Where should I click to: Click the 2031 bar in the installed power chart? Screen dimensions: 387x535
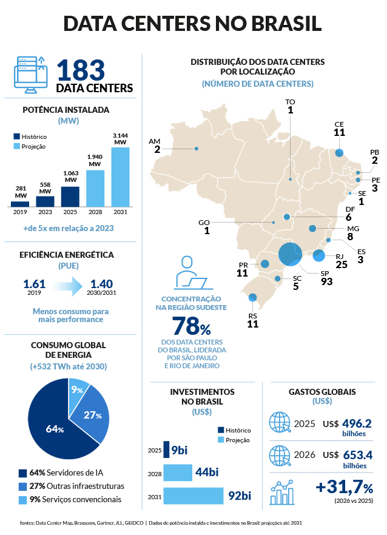pyautogui.click(x=120, y=177)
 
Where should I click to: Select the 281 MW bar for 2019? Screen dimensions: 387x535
pyautogui.click(x=20, y=204)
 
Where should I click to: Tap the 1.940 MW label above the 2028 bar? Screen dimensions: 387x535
pyautogui.click(x=95, y=160)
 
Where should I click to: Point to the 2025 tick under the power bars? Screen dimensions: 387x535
pyautogui.click(x=70, y=212)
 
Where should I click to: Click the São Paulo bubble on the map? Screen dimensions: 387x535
pyautogui.click(x=290, y=254)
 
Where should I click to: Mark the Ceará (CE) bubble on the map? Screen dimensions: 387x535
pyautogui.click(x=339, y=152)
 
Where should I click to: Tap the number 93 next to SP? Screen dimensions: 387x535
pyautogui.click(x=326, y=281)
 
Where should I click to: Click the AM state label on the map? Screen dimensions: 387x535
pyautogui.click(x=155, y=141)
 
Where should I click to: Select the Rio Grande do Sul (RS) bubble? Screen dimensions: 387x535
pyautogui.click(x=252, y=297)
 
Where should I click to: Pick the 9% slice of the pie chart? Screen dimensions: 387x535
pyautogui.click(x=78, y=392)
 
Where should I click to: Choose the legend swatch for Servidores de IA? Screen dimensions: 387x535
pyautogui.click(x=22, y=473)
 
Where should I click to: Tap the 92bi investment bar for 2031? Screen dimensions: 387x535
pyautogui.click(x=193, y=496)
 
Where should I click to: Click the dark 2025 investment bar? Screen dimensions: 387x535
pyautogui.click(x=166, y=449)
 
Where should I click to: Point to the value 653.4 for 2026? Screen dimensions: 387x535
pyautogui.click(x=358, y=455)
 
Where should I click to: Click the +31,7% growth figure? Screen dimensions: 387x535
pyautogui.click(x=345, y=487)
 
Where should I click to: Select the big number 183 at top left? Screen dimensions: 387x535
pyautogui.click(x=81, y=70)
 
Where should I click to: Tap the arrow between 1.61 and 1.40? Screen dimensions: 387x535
pyautogui.click(x=68, y=286)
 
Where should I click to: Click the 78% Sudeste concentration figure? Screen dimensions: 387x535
pyautogui.click(x=192, y=326)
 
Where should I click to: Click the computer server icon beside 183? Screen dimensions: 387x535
pyautogui.click(x=31, y=75)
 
